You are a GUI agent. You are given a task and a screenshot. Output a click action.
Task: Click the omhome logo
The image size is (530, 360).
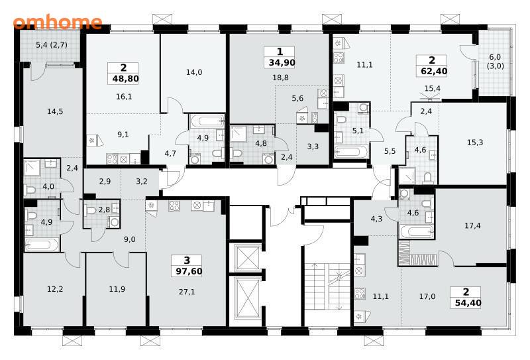tap(58, 22)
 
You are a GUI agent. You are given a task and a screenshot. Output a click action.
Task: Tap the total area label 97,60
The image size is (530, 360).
tap(189, 271)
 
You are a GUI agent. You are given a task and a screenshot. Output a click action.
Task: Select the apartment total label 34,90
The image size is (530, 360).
tap(282, 62)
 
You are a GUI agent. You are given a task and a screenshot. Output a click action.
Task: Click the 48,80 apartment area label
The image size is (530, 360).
tap(125, 79)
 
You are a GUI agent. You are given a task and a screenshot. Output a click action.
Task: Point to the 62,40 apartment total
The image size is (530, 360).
tap(435, 72)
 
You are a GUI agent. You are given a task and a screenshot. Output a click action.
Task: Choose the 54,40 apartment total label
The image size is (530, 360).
tap(468, 303)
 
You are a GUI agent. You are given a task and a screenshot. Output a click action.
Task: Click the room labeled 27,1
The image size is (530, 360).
tap(187, 292)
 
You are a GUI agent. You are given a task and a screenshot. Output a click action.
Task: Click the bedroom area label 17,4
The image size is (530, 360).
tap(472, 225)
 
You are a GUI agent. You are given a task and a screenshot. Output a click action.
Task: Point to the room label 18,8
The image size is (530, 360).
tap(280, 78)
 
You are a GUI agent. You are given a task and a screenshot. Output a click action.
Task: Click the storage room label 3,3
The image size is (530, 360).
tap(313, 147)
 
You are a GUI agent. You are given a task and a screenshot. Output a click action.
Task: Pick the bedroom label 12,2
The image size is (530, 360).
tap(55, 289)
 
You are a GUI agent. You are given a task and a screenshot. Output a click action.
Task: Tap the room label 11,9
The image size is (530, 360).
tap(117, 289)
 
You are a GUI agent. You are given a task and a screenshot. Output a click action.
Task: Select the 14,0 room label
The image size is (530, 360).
tap(194, 72)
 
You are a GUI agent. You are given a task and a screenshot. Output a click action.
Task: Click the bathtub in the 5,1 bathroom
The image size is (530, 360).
tap(351, 152)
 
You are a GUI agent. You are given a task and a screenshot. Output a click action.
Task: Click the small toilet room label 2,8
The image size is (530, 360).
tap(104, 210)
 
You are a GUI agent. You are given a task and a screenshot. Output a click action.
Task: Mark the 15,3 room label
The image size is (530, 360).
tap(475, 143)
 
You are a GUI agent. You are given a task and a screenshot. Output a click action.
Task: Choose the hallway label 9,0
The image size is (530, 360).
tap(129, 239)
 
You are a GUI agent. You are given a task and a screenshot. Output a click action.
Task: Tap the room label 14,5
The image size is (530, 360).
tap(55, 111)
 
